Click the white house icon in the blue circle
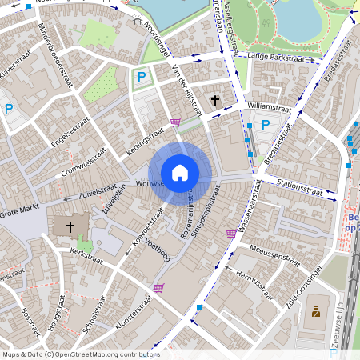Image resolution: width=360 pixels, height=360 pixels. (x=180, y=172)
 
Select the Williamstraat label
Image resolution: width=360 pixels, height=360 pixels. (x=270, y=105)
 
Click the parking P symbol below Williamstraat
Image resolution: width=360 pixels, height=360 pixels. (x=265, y=125)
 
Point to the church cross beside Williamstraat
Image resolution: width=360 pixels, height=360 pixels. (x=214, y=100)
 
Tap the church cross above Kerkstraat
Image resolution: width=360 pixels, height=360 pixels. (x=70, y=227)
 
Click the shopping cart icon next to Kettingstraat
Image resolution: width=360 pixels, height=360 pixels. (x=175, y=122)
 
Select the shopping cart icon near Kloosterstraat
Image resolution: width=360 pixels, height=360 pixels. (x=158, y=288)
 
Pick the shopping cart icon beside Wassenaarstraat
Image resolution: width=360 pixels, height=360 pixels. (x=231, y=234)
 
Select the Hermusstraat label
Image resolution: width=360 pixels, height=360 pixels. (x=255, y=278)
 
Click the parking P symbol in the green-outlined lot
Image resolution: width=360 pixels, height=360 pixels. (x=141, y=77)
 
